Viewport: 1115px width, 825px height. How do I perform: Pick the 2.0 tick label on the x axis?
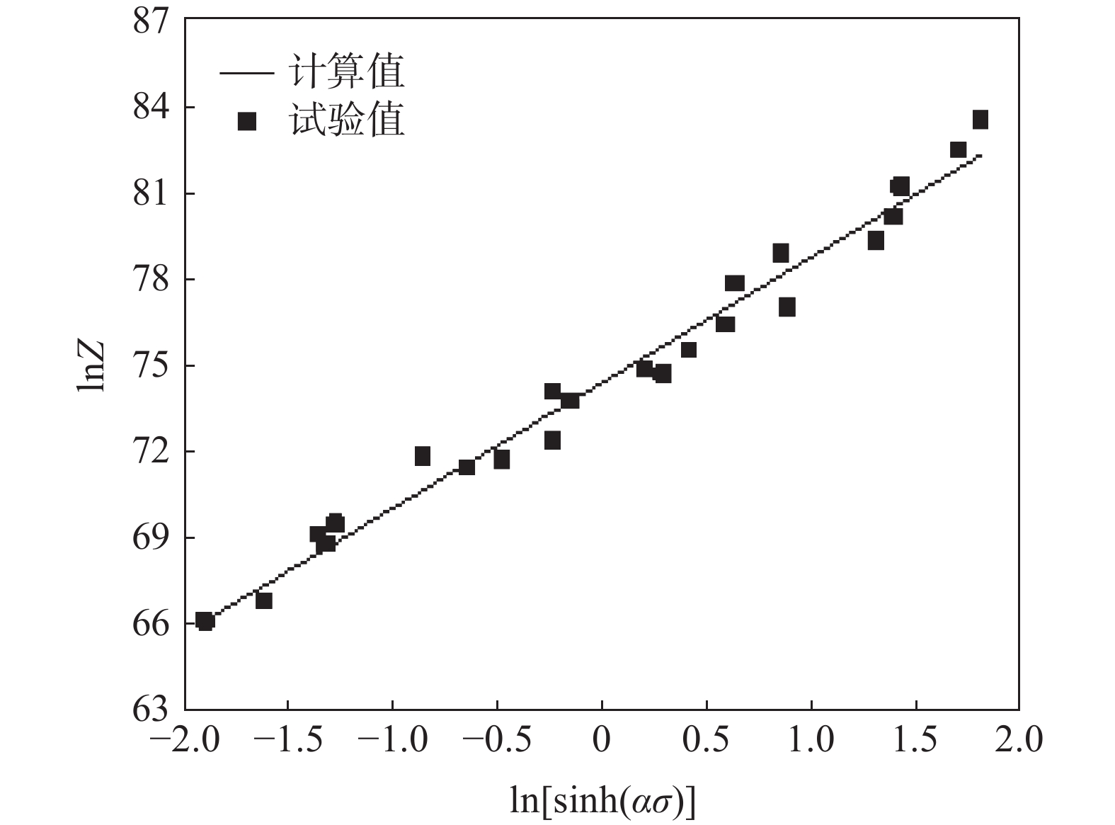[1019, 741]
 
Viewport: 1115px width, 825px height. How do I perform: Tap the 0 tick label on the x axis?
[601, 741]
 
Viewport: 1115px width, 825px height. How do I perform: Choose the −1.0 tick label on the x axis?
[393, 741]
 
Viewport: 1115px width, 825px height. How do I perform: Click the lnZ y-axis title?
[91, 365]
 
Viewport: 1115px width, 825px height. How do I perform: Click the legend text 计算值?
[347, 72]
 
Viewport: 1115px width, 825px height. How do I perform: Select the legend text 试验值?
[347, 120]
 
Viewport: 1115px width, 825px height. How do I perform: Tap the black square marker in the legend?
[246, 122]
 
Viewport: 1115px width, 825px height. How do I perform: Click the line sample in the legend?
[246, 73]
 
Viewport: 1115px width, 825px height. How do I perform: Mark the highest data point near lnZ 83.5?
[980, 120]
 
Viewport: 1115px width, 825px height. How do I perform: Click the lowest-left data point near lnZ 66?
[205, 622]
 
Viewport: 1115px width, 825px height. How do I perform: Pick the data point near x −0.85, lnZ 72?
[423, 456]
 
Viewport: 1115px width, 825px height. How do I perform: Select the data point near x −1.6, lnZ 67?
[264, 601]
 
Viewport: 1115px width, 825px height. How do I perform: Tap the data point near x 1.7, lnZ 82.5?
[959, 149]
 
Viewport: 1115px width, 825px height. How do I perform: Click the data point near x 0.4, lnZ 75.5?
[688, 350]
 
